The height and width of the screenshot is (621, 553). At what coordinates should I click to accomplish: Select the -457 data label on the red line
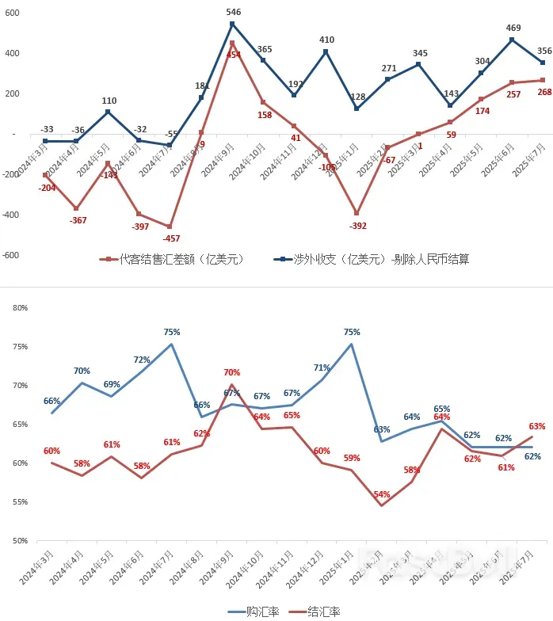tap(171, 238)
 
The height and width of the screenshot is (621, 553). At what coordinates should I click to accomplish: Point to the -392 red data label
tap(358, 226)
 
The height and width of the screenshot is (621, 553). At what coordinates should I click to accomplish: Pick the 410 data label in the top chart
tap(326, 40)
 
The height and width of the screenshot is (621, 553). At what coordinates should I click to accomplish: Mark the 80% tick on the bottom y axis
tap(21, 307)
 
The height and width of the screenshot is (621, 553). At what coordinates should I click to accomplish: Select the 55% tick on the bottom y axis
tap(21, 502)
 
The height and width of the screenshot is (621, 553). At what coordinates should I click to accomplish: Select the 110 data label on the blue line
tap(109, 101)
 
